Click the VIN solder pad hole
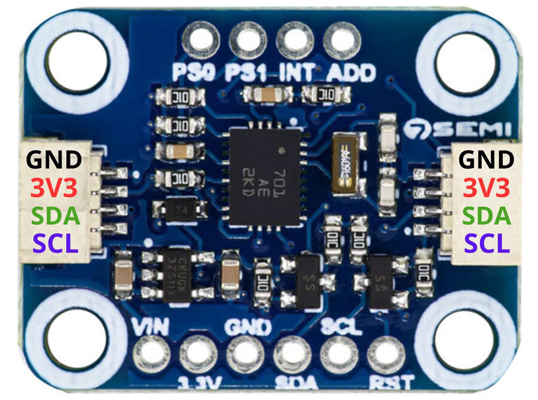click(x=151, y=352)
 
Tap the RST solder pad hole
click(x=386, y=352)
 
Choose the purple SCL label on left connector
click(x=56, y=243)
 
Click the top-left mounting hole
click(x=76, y=61)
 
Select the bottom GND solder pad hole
click(x=245, y=352)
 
